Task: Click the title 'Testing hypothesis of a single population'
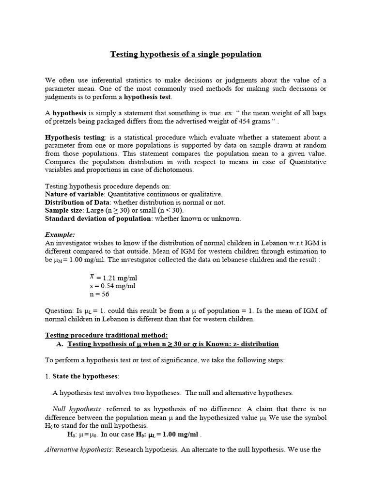coord(186,54)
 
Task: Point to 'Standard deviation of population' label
coord(98,218)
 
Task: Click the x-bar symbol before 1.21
coord(92,277)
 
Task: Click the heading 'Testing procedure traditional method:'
coord(107,335)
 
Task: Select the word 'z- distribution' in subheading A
coord(256,344)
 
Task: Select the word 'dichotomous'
coord(173,170)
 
